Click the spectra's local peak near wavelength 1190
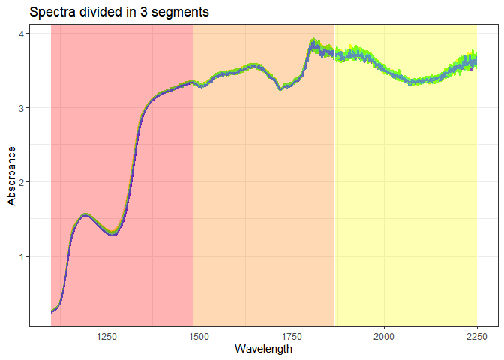coord(85,215)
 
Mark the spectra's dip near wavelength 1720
coord(280,88)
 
